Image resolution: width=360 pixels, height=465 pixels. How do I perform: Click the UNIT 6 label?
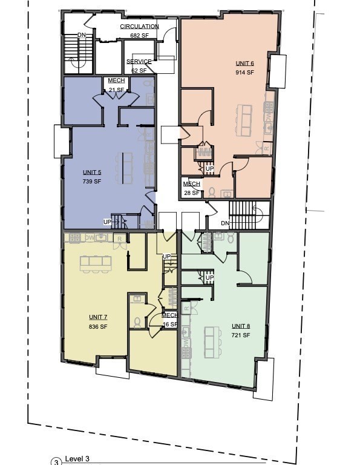pos(244,63)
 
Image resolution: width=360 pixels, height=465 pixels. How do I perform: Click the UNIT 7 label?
pos(98,317)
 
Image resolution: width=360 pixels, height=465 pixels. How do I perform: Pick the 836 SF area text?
pos(98,326)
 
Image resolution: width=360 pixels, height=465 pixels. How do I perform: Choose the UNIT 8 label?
pos(240,326)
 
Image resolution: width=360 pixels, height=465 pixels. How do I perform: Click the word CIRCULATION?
pos(139,27)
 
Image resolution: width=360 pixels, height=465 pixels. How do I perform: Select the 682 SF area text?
pos(139,35)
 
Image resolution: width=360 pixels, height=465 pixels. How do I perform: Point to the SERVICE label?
pos(139,62)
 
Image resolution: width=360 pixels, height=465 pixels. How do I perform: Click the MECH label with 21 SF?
pos(116,81)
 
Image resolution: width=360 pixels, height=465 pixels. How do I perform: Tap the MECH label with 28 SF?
pos(192,184)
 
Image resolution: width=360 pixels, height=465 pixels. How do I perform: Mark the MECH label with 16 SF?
pos(169,315)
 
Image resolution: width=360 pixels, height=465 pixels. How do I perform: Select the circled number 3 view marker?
pos(56,461)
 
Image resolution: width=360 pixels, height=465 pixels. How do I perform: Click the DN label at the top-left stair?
pos(82,35)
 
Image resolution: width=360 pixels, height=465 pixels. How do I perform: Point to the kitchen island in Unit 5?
pos(127,167)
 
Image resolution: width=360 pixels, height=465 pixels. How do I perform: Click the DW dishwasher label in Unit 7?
pos(89,238)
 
